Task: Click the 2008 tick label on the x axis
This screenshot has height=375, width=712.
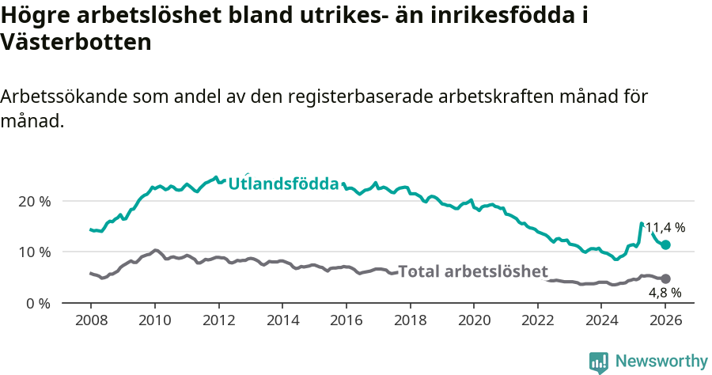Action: [90, 320]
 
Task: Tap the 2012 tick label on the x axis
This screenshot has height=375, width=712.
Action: [218, 320]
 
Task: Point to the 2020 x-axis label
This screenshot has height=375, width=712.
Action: [474, 320]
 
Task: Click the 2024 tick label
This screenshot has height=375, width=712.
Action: [602, 320]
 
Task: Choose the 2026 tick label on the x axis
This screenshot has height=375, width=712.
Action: [665, 320]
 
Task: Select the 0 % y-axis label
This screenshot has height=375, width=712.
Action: [39, 303]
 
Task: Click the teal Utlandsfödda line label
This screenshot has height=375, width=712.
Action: [284, 184]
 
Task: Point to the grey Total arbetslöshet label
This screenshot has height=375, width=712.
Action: [472, 272]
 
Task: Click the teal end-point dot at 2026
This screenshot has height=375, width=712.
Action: [665, 245]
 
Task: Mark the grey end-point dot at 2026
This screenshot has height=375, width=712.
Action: [665, 278]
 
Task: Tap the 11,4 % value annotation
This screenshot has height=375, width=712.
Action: [665, 227]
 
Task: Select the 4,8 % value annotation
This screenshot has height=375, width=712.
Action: [665, 293]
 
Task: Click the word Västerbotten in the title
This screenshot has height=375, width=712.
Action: [76, 43]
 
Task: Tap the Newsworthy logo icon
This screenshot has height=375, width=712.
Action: [599, 362]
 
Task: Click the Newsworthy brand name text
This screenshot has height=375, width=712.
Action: [661, 362]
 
